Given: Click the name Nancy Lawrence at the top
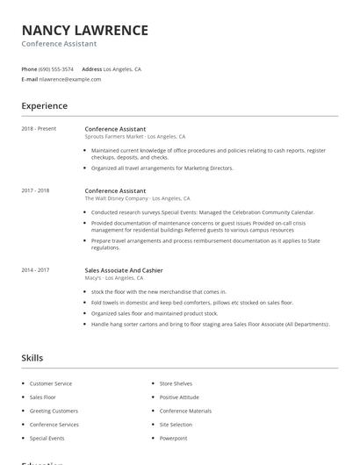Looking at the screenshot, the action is pyautogui.click(x=84, y=30).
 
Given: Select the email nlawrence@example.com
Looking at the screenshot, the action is pyautogui.click(x=70, y=79).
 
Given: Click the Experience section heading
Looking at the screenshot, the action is pyautogui.click(x=44, y=106).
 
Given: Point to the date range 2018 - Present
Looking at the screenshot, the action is pyautogui.click(x=39, y=129).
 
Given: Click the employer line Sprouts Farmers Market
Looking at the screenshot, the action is pyautogui.click(x=134, y=137).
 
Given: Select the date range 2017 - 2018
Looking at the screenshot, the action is pyautogui.click(x=35, y=190).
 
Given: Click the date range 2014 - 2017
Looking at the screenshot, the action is pyautogui.click(x=35, y=270).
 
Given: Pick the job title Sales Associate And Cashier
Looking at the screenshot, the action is pyautogui.click(x=124, y=270).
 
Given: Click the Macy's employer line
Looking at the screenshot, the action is pyautogui.click(x=114, y=278).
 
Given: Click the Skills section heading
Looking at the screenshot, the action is pyautogui.click(x=32, y=358).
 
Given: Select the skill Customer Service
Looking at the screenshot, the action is pyautogui.click(x=51, y=383).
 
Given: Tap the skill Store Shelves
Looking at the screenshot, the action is pyautogui.click(x=176, y=383).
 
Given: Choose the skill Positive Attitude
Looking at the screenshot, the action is pyautogui.click(x=179, y=397).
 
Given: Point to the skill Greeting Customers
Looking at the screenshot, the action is pyautogui.click(x=54, y=411).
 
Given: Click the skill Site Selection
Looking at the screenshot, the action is pyautogui.click(x=176, y=425).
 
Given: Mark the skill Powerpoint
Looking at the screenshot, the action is pyautogui.click(x=173, y=438).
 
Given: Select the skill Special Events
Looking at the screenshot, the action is pyautogui.click(x=47, y=438).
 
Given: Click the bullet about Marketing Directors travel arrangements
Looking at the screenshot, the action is pyautogui.click(x=162, y=168).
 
